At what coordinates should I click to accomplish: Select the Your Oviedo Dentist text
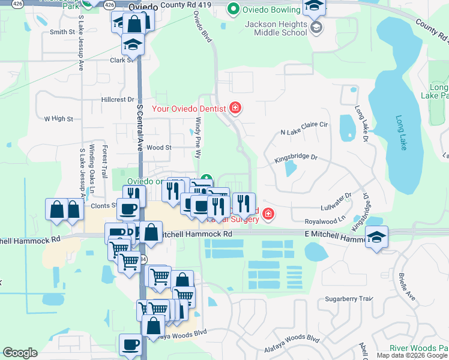188,109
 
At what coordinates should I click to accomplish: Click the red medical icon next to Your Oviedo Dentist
236,109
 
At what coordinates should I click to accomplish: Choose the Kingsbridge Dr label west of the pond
295,158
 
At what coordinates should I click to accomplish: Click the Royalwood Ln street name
325,220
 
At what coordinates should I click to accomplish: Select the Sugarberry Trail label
349,298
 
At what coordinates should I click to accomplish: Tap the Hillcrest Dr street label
118,100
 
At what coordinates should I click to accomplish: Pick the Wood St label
158,147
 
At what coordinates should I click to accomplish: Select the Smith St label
62,32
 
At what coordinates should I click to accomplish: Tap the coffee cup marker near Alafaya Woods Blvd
131,344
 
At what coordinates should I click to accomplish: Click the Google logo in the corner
20,353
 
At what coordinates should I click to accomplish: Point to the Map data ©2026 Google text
411,355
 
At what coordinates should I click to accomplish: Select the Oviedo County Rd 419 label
161,5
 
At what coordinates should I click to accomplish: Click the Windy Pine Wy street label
197,138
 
